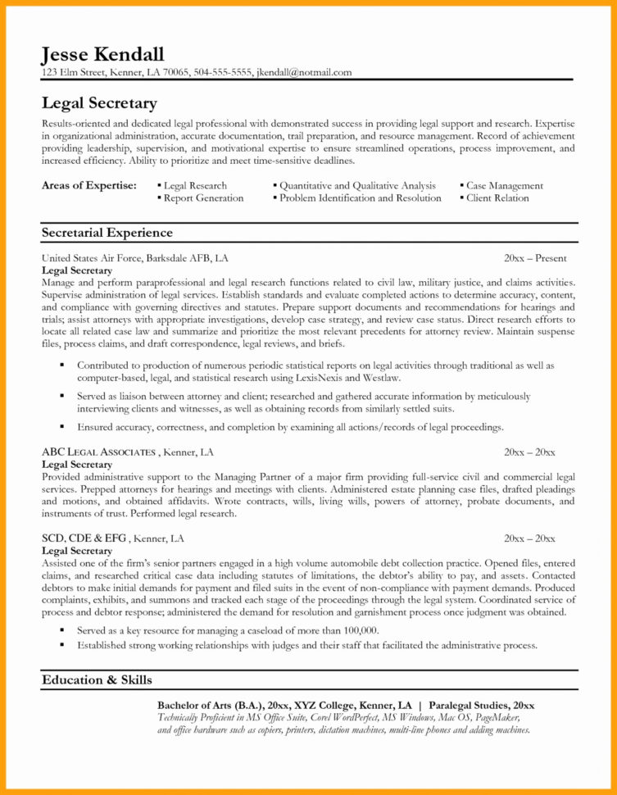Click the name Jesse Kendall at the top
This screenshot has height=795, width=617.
coord(102,55)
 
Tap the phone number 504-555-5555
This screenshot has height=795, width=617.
coord(223,72)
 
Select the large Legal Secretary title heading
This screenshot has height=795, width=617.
coord(98,103)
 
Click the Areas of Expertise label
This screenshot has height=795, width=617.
coord(88,186)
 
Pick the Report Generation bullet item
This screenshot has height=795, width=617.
coord(203,198)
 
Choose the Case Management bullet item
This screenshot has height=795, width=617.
coord(504,186)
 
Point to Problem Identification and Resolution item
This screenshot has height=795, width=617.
coord(360,198)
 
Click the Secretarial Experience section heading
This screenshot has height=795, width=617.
coord(107,233)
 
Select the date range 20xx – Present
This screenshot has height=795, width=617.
coord(535,258)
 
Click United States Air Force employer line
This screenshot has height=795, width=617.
coord(134,258)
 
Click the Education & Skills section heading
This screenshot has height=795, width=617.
coord(97,679)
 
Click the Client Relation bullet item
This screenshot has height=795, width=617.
coord(497,198)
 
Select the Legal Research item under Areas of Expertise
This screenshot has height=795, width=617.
coord(195,186)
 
